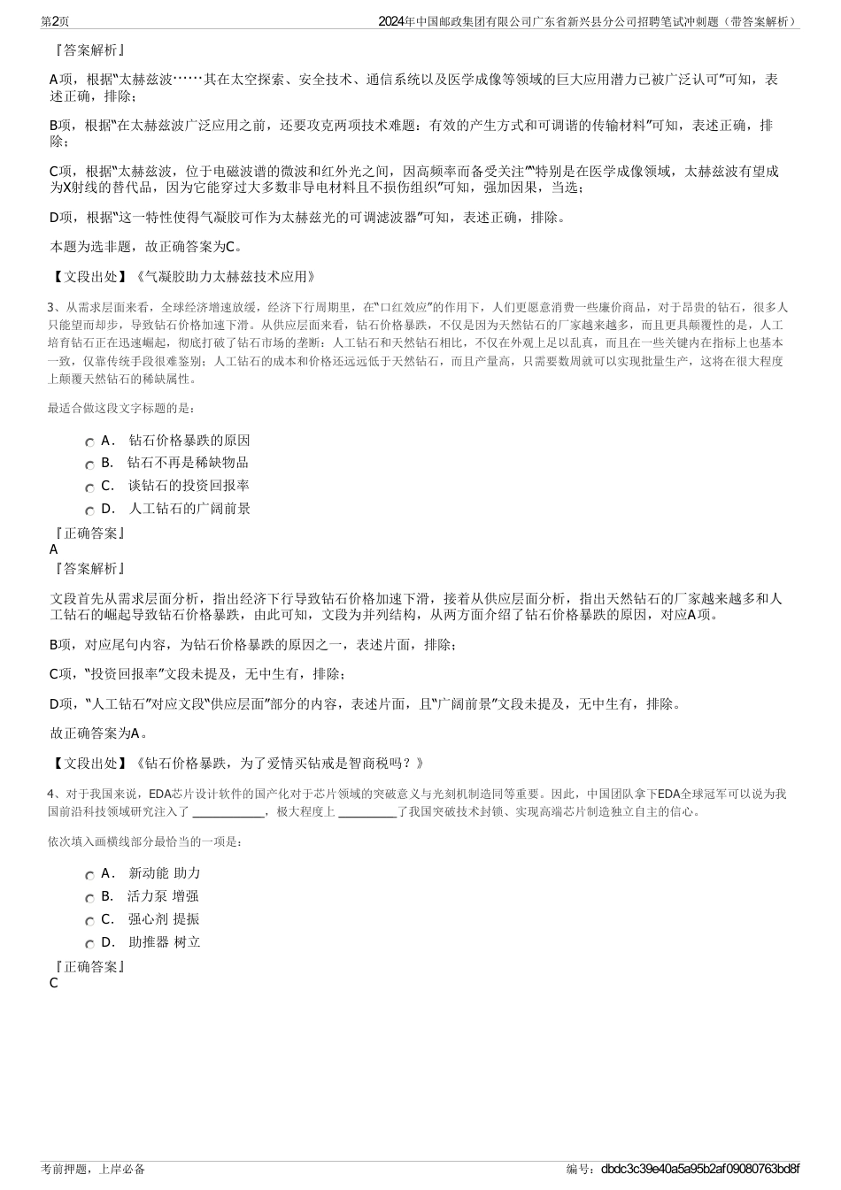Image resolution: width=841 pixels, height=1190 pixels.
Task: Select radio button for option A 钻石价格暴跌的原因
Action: click(89, 442)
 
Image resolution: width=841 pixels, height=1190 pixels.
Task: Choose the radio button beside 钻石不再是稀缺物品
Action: click(89, 465)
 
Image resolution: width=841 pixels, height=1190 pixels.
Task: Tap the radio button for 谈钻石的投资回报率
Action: click(89, 488)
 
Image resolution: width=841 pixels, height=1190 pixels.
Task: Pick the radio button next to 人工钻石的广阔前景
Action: click(89, 511)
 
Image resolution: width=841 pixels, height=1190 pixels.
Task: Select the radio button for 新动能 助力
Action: click(89, 876)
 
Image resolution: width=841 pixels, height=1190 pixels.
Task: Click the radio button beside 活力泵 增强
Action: click(89, 899)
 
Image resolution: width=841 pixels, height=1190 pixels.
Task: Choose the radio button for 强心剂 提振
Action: click(89, 922)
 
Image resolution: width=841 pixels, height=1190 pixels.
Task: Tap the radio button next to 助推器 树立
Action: click(89, 945)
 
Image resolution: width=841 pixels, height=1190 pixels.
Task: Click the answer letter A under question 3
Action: click(54, 549)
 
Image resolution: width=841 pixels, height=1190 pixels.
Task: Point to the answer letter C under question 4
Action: click(54, 983)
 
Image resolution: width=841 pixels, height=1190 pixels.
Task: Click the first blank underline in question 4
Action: click(228, 811)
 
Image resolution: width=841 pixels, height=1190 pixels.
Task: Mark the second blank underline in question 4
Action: click(366, 811)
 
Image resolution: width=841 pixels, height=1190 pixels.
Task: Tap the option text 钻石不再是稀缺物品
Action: click(188, 463)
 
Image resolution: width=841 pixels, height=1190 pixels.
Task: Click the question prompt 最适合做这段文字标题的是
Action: click(121, 408)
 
